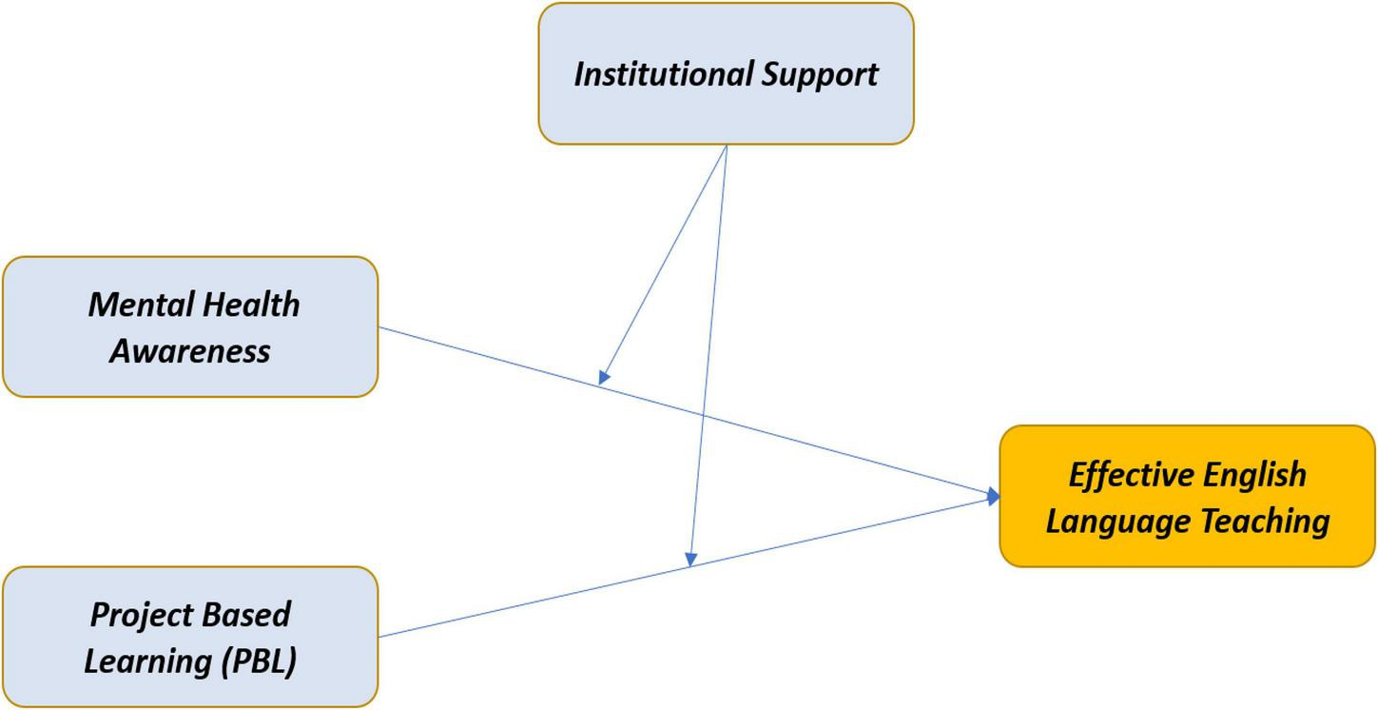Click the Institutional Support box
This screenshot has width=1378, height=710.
tap(726, 74)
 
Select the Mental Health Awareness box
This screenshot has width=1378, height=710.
tap(190, 326)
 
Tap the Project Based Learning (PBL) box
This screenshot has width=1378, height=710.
tap(190, 637)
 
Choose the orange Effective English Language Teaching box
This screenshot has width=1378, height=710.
tap(1187, 496)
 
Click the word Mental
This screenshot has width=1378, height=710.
tap(129, 305)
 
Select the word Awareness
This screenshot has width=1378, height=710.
tap(190, 350)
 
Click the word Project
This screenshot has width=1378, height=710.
tap(136, 615)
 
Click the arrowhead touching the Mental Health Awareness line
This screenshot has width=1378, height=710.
tap(603, 378)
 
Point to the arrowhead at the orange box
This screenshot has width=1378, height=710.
tap(994, 496)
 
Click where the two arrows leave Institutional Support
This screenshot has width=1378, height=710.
tap(727, 146)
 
